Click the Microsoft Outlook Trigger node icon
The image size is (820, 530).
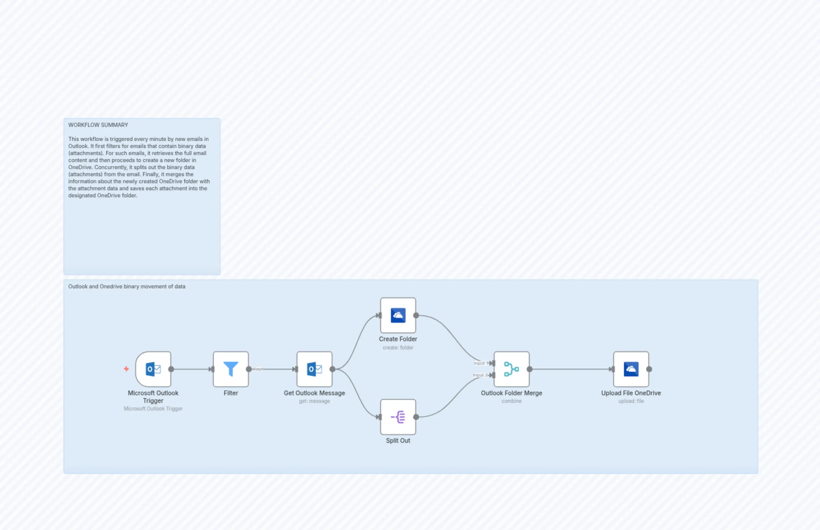pyautogui.click(x=153, y=369)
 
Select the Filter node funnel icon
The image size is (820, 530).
pyautogui.click(x=231, y=369)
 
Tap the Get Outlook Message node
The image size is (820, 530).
pyautogui.click(x=314, y=369)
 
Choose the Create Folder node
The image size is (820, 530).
pyautogui.click(x=398, y=315)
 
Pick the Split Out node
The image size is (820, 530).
pyautogui.click(x=398, y=417)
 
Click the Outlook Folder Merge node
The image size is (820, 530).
pyautogui.click(x=512, y=369)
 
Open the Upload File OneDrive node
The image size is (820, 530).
pyautogui.click(x=631, y=369)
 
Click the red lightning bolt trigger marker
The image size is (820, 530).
pyautogui.click(x=126, y=369)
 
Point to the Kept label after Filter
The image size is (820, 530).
pyautogui.click(x=258, y=369)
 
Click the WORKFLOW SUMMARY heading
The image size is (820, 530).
pyautogui.click(x=98, y=125)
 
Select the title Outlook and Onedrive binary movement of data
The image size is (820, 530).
pyautogui.click(x=126, y=286)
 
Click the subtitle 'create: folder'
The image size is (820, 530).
pyautogui.click(x=398, y=348)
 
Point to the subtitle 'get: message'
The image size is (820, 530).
pyautogui.click(x=314, y=401)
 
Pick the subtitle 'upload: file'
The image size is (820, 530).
pyautogui.click(x=631, y=401)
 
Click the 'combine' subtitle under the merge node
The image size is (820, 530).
pyautogui.click(x=512, y=401)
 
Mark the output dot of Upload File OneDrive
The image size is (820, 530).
pyautogui.click(x=649, y=369)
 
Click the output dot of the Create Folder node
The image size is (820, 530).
pyautogui.click(x=416, y=315)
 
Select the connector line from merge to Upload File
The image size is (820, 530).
pyautogui.click(x=571, y=369)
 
